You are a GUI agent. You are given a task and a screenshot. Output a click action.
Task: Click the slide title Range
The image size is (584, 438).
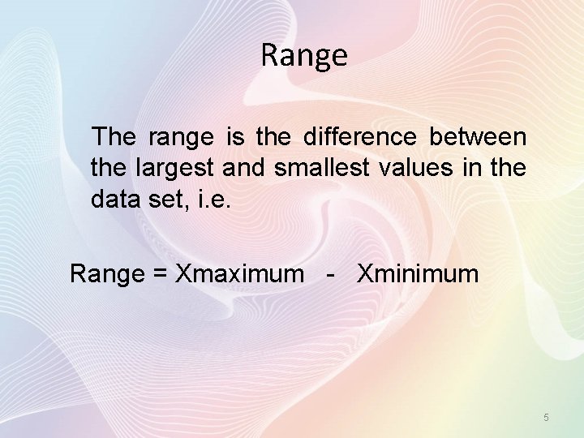(304, 56)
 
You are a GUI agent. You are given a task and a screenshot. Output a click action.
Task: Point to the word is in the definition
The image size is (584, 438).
(235, 137)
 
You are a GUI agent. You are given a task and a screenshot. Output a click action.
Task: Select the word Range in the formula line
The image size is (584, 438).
(106, 274)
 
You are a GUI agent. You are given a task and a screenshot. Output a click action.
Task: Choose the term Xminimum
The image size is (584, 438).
(418, 273)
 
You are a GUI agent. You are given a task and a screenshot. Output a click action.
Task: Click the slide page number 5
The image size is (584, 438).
(546, 417)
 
